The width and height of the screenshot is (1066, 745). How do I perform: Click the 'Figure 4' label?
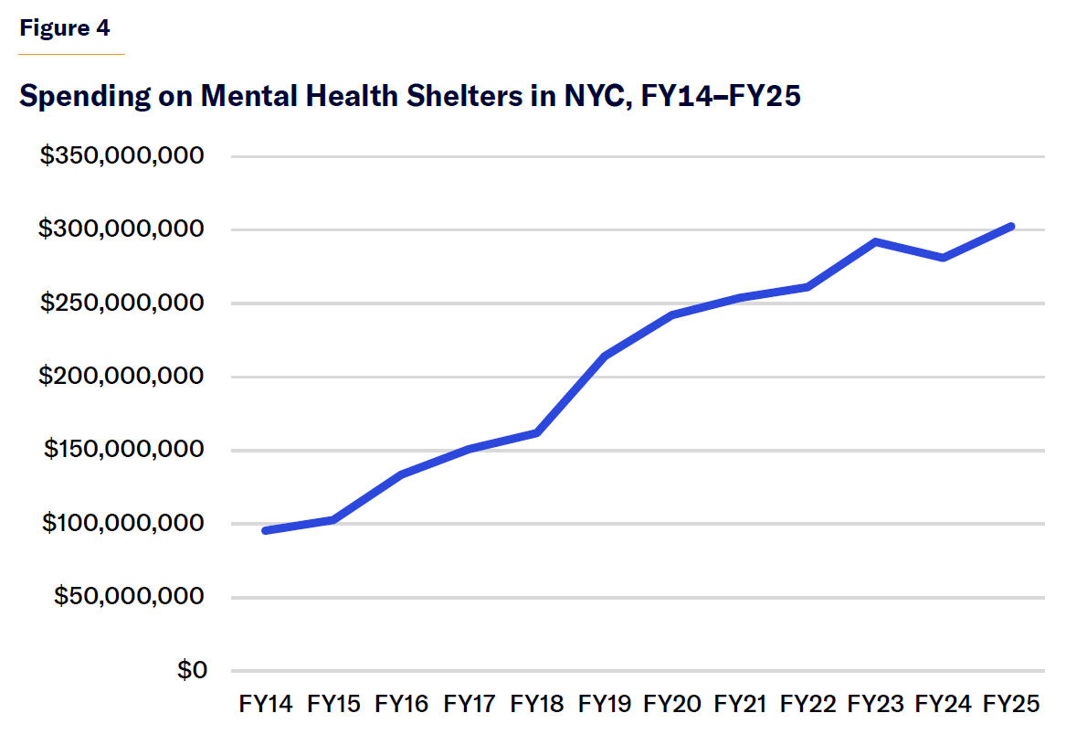65,28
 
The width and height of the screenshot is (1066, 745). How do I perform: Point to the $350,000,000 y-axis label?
121,156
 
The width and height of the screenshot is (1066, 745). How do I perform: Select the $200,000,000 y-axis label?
121,377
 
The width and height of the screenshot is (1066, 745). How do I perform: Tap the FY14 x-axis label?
266,704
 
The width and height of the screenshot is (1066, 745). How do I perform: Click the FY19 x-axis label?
605,704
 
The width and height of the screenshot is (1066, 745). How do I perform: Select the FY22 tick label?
807,704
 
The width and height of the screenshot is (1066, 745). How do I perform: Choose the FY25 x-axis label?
1011,704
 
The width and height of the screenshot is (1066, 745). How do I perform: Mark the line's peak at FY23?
875,242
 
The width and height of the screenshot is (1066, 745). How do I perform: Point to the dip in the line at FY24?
943,258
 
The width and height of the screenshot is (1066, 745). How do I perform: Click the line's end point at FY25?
1010,226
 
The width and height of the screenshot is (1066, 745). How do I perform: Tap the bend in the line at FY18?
537,432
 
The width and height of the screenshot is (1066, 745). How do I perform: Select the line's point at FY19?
605,356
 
